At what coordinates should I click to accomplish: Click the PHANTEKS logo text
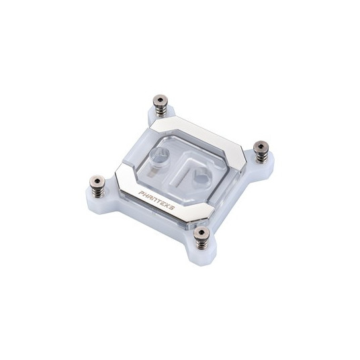coord(156,200)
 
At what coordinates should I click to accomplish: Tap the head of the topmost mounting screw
coord(161,100)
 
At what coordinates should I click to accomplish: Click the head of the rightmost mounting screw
coord(261,146)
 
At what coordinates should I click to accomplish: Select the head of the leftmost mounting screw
coord(97,181)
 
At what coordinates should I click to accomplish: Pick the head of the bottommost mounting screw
coord(201,232)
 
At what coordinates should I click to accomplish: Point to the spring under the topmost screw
coord(161,111)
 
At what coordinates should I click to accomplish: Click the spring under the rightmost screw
coord(261,157)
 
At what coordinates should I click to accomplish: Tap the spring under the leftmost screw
coord(97,192)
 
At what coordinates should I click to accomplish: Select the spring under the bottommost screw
coord(201,243)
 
